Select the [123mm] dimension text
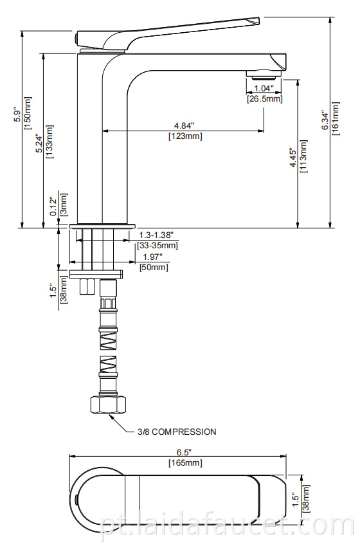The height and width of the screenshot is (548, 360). tap(184, 136)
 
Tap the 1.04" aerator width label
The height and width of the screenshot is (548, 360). tap(264, 87)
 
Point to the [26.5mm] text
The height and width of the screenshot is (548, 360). tap(264, 98)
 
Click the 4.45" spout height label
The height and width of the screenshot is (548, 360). tap(293, 157)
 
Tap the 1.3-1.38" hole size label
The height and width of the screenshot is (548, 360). tap(157, 235)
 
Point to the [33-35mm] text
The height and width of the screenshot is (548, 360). tap(158, 246)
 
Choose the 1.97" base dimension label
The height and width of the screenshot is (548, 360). tap(152, 257)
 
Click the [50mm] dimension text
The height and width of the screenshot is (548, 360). tap(154, 268)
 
